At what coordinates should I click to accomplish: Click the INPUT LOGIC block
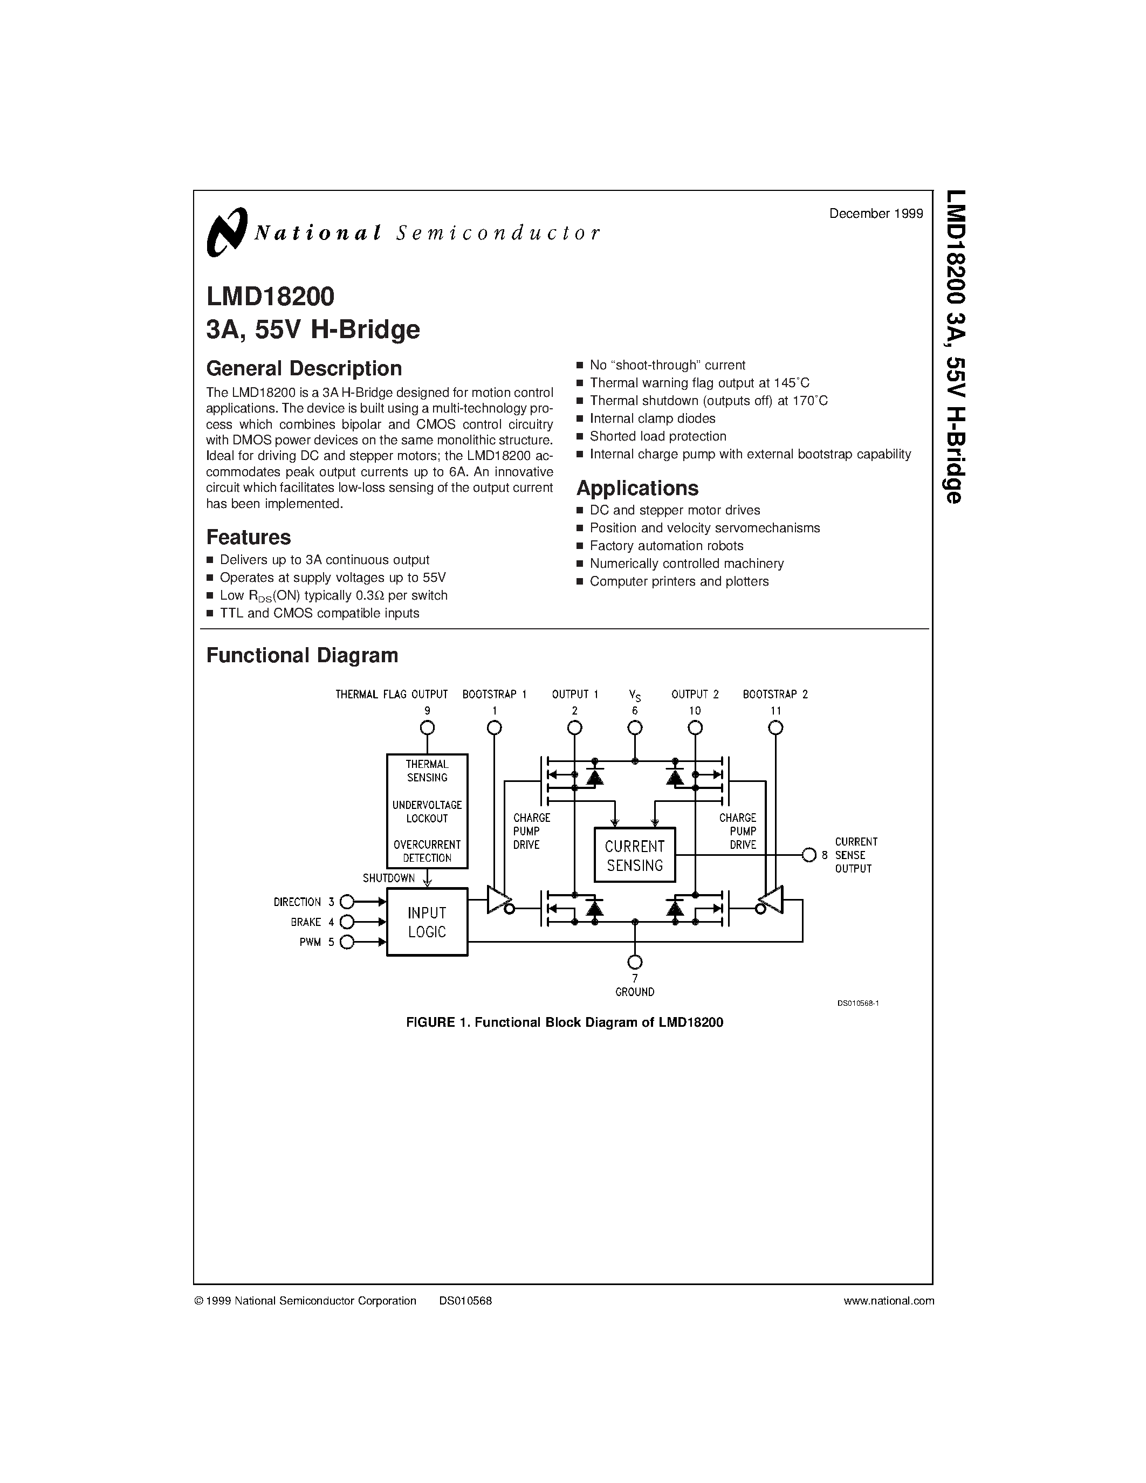tap(427, 922)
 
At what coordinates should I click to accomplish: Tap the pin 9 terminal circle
tap(427, 728)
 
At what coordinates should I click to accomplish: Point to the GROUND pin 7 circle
tap(635, 962)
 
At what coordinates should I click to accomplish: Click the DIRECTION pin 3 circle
tap(347, 902)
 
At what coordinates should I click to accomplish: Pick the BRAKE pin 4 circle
tap(347, 922)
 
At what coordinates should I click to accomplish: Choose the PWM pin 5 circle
tap(347, 942)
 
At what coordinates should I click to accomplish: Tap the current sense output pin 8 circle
tap(808, 855)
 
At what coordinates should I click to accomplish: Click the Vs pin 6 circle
tap(635, 728)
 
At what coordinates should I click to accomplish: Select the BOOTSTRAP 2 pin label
tap(776, 695)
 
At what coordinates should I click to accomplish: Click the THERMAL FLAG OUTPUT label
tap(392, 695)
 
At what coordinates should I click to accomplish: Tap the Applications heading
tap(637, 488)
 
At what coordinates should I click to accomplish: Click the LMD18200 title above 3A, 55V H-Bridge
tap(270, 297)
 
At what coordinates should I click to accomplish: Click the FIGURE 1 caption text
tap(564, 1022)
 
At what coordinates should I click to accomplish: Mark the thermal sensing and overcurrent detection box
tap(427, 811)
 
